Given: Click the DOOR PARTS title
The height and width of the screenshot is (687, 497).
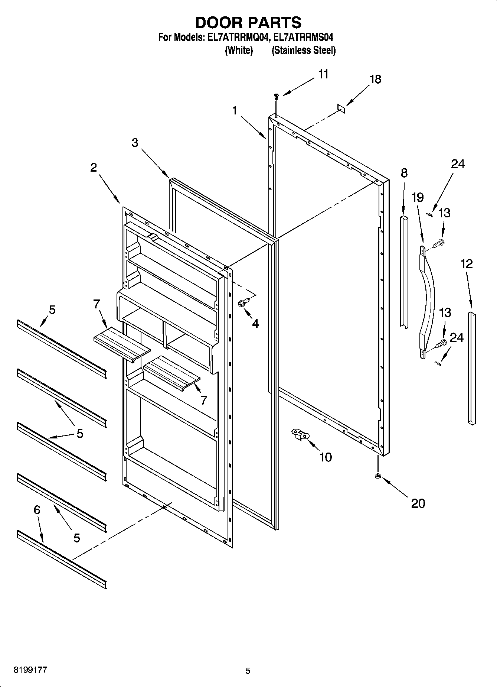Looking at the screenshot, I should click(x=248, y=23).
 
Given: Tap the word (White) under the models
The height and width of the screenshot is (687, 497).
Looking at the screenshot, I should click(x=239, y=51).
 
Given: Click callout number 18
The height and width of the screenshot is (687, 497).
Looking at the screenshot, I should click(x=375, y=79).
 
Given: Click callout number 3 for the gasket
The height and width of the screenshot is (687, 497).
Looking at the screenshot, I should click(x=135, y=143).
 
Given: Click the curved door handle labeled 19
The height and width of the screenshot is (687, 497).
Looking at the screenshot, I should click(x=426, y=301).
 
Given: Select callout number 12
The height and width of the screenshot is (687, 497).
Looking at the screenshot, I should click(x=467, y=264).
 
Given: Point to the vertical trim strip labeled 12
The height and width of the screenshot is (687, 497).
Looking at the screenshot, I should click(x=472, y=368).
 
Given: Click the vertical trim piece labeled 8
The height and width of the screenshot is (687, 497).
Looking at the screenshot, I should click(x=404, y=271).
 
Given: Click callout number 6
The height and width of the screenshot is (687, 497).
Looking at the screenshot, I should click(x=37, y=510).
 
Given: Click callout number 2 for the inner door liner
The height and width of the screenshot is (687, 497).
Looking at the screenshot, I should click(x=94, y=168).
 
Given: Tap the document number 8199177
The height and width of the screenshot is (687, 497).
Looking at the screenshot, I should click(x=30, y=670).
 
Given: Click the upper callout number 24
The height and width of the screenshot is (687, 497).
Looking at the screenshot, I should click(x=457, y=164).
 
